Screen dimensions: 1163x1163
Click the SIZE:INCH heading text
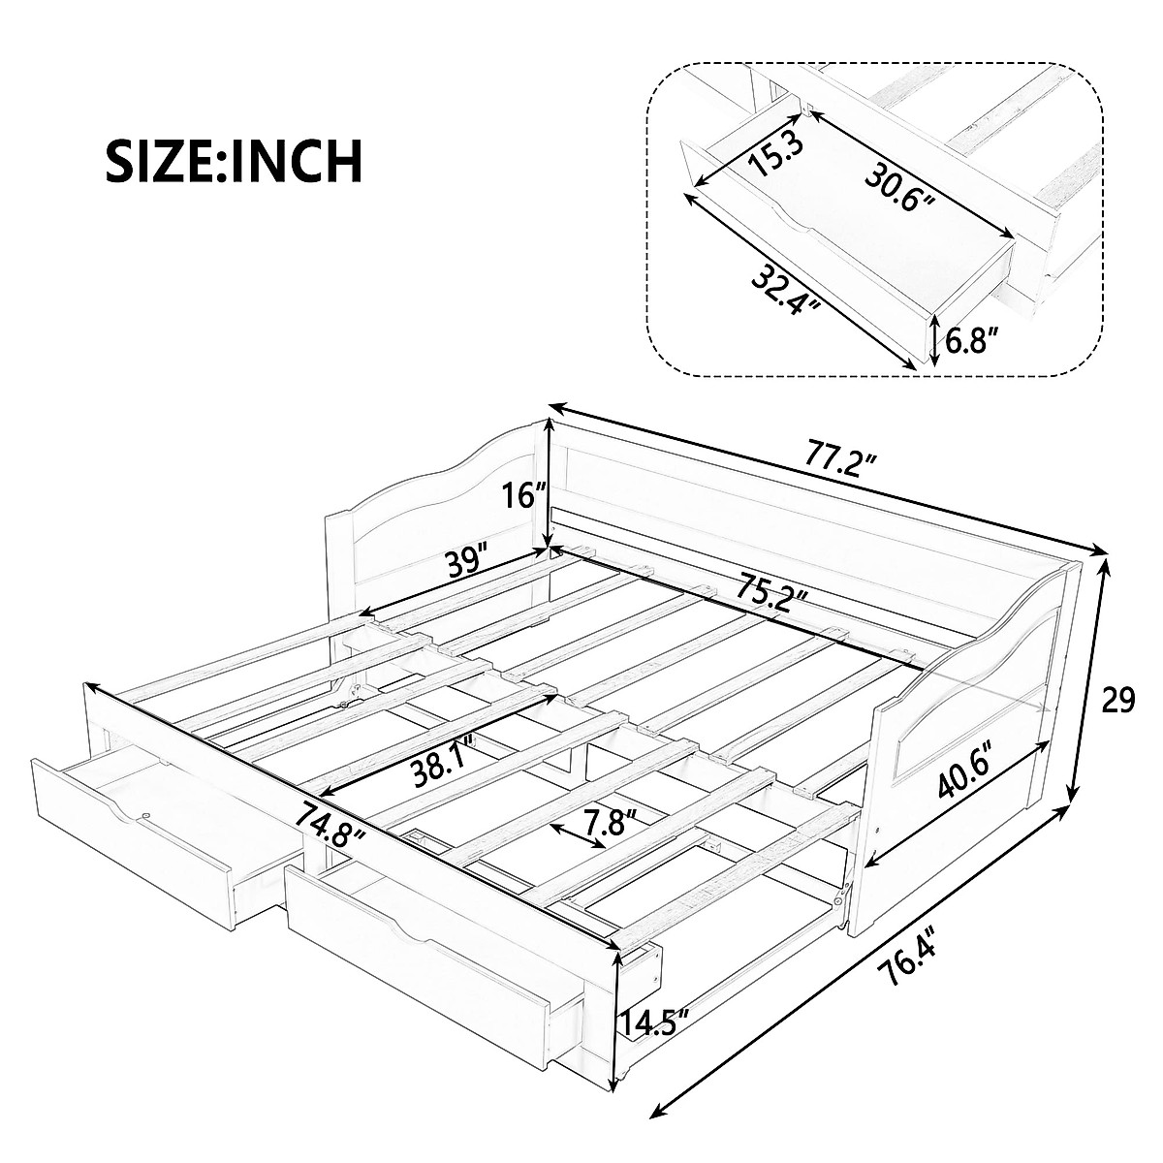[x=234, y=161]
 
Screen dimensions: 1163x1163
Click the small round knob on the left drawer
[x=146, y=817]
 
